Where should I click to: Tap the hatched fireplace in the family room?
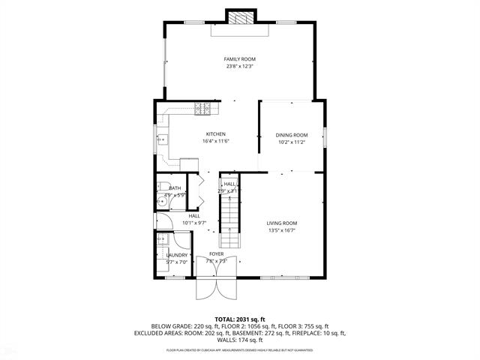click(240, 19)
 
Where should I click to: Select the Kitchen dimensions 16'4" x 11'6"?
click(215, 141)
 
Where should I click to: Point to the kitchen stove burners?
click(202, 109)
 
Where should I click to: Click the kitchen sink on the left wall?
click(163, 139)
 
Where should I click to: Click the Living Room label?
click(283, 223)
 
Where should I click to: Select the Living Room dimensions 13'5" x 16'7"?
click(283, 230)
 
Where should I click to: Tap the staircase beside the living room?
click(229, 221)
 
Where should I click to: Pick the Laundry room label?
click(176, 255)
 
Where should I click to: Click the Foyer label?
click(217, 254)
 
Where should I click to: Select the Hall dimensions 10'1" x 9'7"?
click(194, 223)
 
